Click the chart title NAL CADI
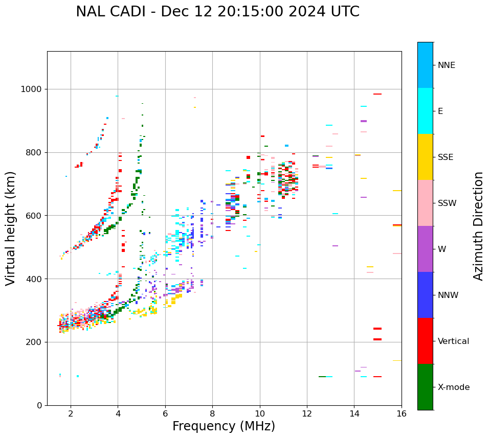click(x=217, y=12)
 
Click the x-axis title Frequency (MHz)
click(x=224, y=426)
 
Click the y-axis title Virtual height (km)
click(x=11, y=228)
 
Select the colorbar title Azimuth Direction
click(x=478, y=225)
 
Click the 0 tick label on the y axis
click(x=40, y=405)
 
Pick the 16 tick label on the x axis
click(x=401, y=413)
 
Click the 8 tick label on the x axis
click(x=212, y=413)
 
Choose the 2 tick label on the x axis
click(x=71, y=413)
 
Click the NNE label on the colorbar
click(x=446, y=65)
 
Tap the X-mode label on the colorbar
click(x=454, y=387)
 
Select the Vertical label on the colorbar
click(x=453, y=341)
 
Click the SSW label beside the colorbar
click(x=447, y=203)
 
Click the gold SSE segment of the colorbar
click(x=425, y=157)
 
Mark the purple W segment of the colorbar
click(x=425, y=249)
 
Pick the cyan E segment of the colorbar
click(x=425, y=111)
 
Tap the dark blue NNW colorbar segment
click(x=425, y=295)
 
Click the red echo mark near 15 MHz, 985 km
click(x=377, y=94)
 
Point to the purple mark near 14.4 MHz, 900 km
click(x=364, y=121)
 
